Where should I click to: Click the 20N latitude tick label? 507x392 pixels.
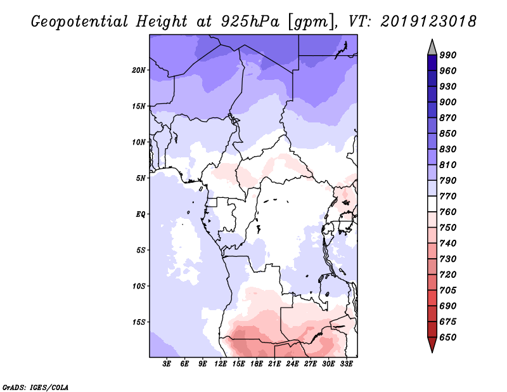point(139,70)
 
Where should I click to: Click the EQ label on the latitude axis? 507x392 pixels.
point(141,214)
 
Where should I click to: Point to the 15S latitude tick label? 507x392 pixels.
point(139,322)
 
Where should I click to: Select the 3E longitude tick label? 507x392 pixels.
point(167,364)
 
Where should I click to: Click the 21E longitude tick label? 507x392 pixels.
point(274,364)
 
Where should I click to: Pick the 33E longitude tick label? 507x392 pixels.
point(346,364)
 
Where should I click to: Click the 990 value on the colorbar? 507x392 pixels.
point(448,55)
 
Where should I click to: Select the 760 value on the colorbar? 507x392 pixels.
point(448,212)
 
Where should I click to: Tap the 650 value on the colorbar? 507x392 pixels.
point(448,337)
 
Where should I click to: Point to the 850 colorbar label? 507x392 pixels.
point(448,134)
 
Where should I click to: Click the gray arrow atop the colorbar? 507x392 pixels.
point(432,46)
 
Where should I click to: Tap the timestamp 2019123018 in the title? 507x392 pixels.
point(429,22)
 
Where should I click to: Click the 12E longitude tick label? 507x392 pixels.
point(221,364)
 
